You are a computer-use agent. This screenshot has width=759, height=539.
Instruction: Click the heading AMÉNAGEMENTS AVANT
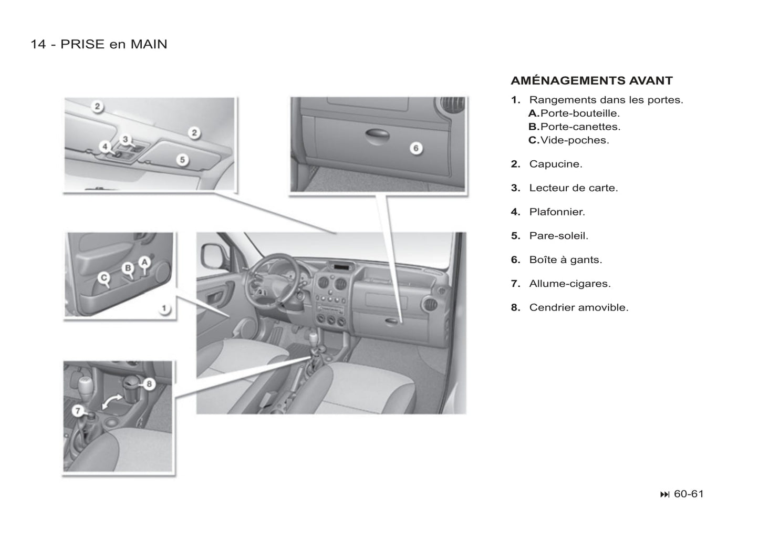click(x=591, y=81)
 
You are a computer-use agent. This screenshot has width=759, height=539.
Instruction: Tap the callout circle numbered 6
click(x=416, y=148)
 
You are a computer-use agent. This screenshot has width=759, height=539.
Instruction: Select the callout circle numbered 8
click(x=149, y=384)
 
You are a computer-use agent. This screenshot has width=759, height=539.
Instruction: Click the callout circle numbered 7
click(x=78, y=411)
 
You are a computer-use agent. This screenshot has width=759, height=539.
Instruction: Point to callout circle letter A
click(x=144, y=262)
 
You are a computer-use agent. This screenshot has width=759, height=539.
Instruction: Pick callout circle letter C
click(x=103, y=277)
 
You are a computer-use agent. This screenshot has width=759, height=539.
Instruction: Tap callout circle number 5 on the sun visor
click(x=182, y=160)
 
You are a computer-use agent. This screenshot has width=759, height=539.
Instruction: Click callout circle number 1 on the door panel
click(x=164, y=308)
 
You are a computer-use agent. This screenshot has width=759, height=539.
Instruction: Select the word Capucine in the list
click(x=556, y=164)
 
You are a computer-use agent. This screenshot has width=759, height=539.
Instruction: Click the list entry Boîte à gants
click(x=566, y=260)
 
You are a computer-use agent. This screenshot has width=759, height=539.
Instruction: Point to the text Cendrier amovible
click(x=579, y=307)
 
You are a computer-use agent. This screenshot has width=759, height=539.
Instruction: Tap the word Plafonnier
click(x=557, y=212)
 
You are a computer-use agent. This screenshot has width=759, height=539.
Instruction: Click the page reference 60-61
click(x=689, y=494)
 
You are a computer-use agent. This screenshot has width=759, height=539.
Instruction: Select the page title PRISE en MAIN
click(x=114, y=45)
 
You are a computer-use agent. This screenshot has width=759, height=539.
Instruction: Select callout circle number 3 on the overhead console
click(x=126, y=139)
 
